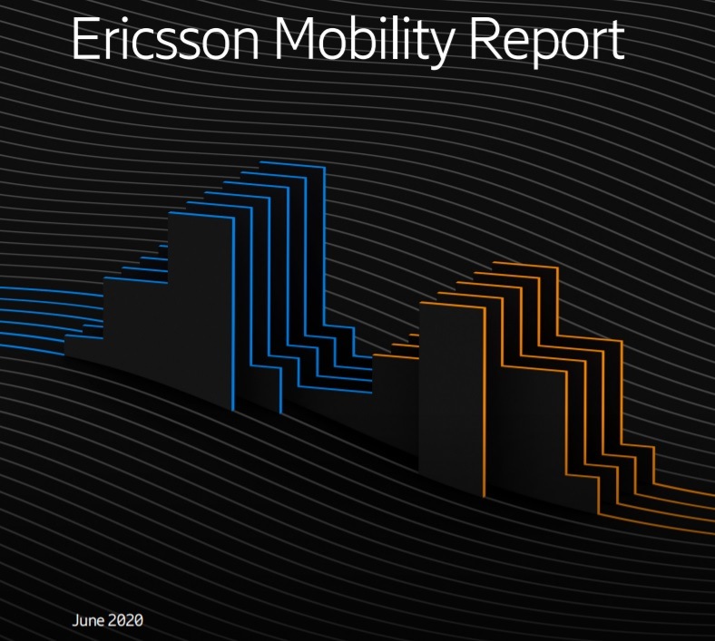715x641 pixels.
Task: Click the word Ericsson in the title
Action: pos(165,39)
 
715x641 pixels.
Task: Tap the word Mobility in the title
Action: pos(365,42)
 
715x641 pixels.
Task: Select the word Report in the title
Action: pos(547,42)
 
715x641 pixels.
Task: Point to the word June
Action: pos(88,620)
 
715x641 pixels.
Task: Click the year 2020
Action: pos(125,620)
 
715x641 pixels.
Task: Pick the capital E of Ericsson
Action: pos(85,39)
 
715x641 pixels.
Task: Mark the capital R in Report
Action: pos(485,39)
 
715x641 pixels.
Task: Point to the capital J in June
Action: pos(75,620)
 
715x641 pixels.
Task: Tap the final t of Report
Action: pos(616,42)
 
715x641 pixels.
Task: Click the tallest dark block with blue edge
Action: pos(200,310)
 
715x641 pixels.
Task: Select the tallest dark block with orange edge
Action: pos(451,397)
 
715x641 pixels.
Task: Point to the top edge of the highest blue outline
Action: pos(292,164)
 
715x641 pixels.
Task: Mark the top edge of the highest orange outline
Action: pos(525,265)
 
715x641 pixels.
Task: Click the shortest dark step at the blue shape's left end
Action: pos(83,347)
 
